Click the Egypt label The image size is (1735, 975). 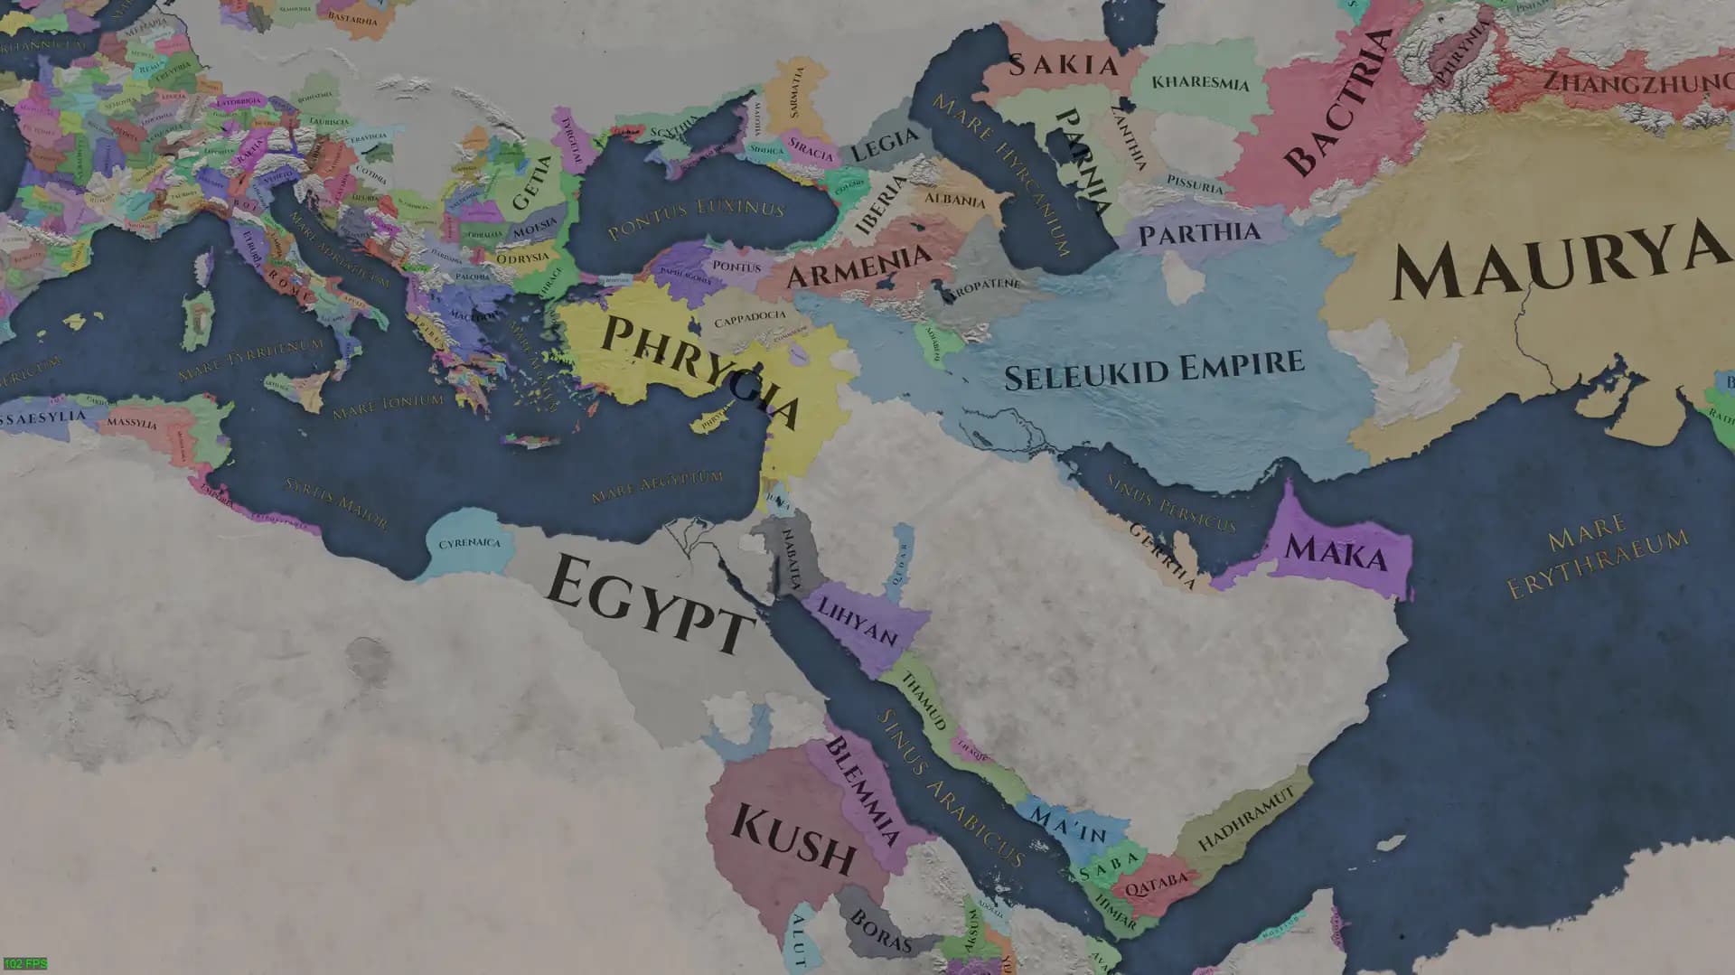click(x=649, y=604)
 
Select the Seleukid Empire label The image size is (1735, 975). click(x=1154, y=370)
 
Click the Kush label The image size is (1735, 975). click(x=792, y=839)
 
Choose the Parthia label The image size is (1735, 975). click(x=1198, y=234)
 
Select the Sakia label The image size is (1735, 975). click(x=1063, y=65)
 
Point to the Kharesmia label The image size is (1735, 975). click(x=1200, y=83)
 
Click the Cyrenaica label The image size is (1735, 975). click(x=469, y=543)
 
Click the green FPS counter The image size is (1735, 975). click(x=24, y=964)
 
